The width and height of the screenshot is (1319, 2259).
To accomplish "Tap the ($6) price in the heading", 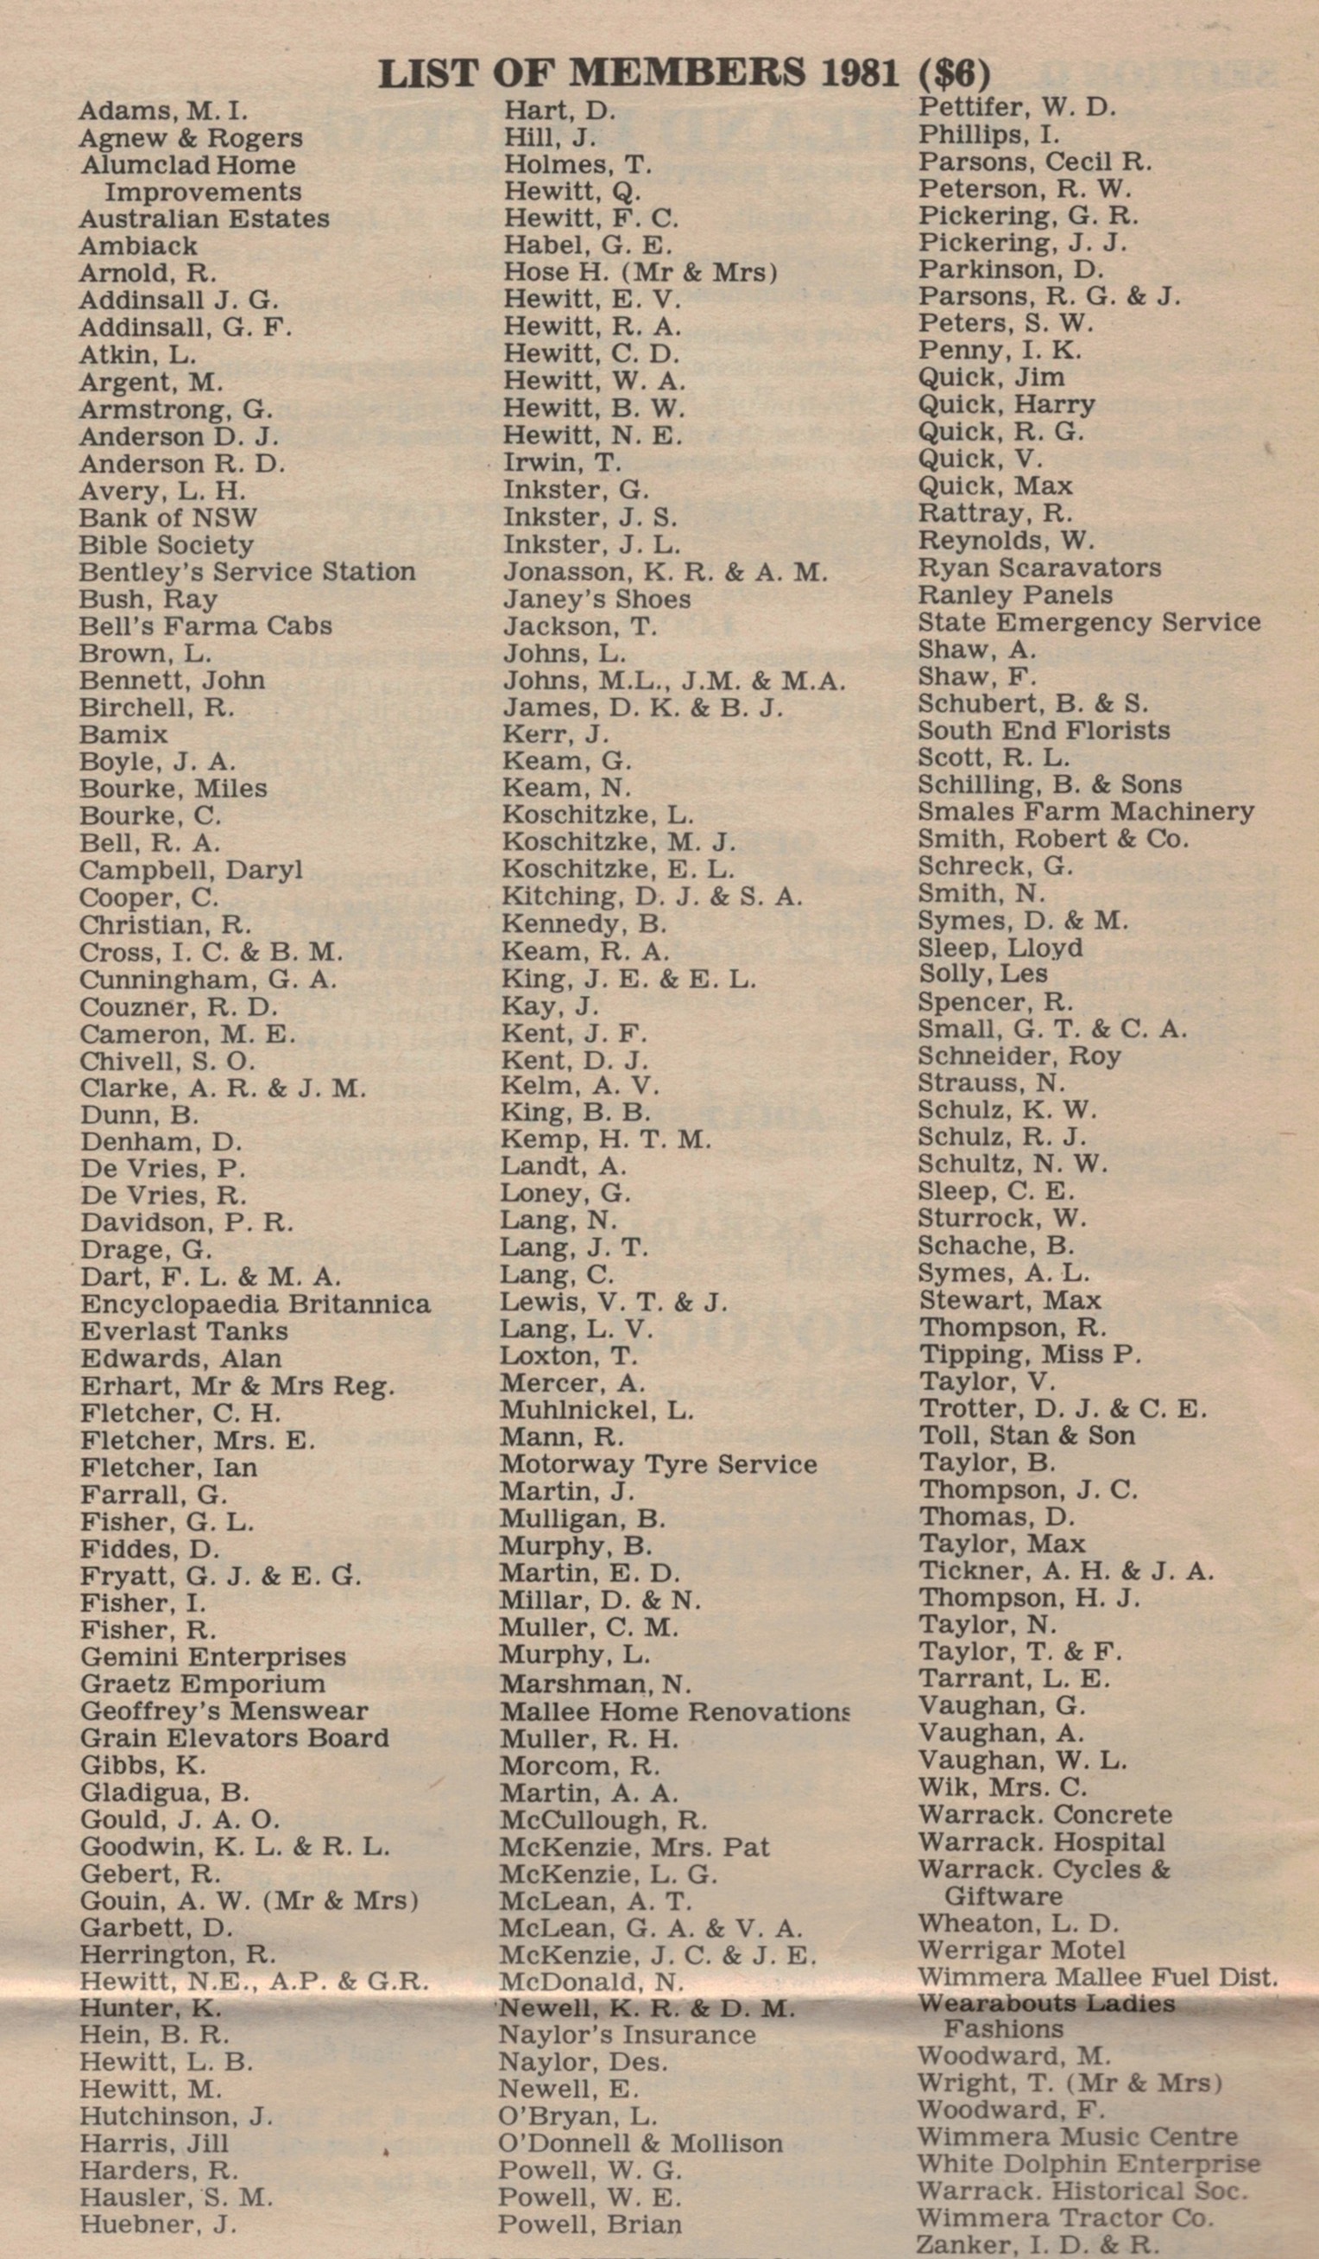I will (956, 73).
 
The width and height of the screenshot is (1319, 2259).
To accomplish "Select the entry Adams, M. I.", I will (163, 111).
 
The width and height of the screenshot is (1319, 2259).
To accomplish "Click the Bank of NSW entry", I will (167, 518).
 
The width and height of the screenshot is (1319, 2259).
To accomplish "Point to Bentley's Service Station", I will (247, 572).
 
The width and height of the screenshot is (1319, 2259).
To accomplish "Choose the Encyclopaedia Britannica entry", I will (256, 1304).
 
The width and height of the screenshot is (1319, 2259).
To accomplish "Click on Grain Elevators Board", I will (235, 1738).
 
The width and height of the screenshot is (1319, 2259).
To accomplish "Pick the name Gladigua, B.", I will (165, 1793).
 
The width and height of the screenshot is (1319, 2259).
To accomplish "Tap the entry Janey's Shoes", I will (596, 599).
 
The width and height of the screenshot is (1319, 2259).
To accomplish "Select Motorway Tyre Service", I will (659, 1465).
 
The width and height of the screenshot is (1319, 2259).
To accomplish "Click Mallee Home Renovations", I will (674, 1712).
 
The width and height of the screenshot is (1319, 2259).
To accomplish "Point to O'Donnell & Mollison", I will (641, 2143).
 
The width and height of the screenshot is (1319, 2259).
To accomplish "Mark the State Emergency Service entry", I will (1089, 622).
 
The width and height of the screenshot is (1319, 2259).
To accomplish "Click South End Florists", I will (1044, 731).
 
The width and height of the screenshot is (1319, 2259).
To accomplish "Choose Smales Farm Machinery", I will (1086, 811).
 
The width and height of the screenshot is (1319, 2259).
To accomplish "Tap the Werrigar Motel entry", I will (1021, 1951).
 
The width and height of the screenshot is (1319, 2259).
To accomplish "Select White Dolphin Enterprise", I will (1089, 2164).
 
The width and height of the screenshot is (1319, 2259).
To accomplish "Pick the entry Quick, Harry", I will (1007, 404).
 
